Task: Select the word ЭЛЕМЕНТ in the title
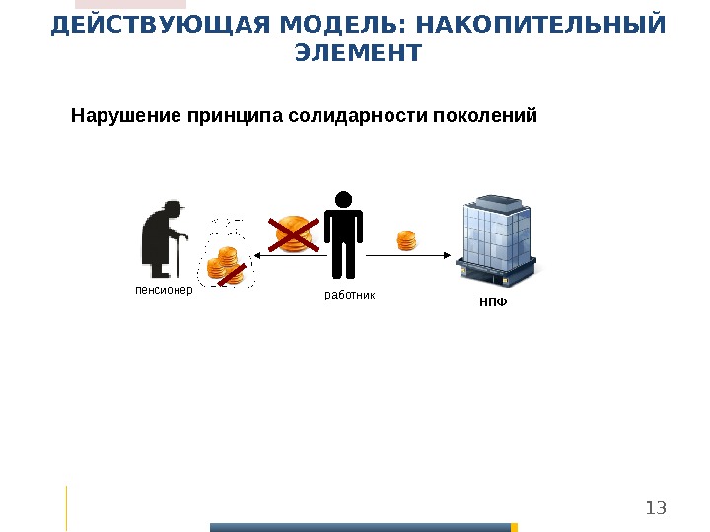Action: pos(357,52)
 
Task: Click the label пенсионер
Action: pos(164,291)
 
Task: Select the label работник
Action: pos(350,295)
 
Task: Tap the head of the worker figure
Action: pos(344,200)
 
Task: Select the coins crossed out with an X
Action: pos(293,234)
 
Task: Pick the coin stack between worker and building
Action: pos(407,240)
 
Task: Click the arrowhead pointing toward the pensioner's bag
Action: pos(258,255)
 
